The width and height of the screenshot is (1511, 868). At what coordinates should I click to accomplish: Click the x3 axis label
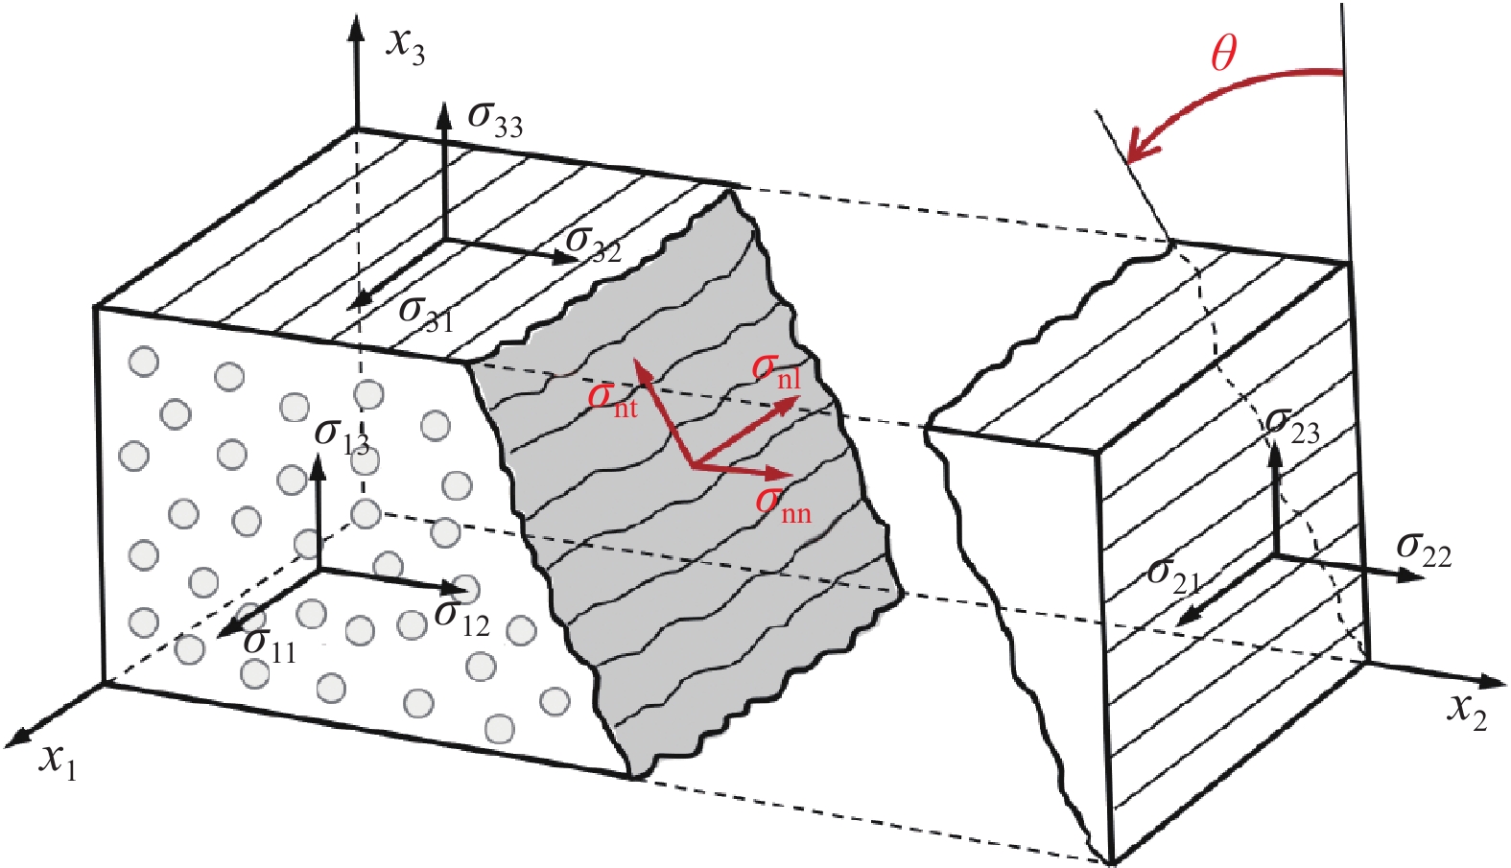[x=405, y=43]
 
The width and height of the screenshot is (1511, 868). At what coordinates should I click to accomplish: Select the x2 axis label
[x=1467, y=712]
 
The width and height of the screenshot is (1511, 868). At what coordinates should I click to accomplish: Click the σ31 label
[x=426, y=313]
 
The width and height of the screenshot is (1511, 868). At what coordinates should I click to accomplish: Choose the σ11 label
[x=270, y=645]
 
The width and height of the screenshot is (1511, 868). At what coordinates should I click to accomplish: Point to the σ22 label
[x=1424, y=549]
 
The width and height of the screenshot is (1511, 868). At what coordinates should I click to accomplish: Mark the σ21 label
[x=1173, y=575]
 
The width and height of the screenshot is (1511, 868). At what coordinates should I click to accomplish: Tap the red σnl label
[x=776, y=370]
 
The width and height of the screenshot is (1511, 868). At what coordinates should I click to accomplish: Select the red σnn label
[x=783, y=504]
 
